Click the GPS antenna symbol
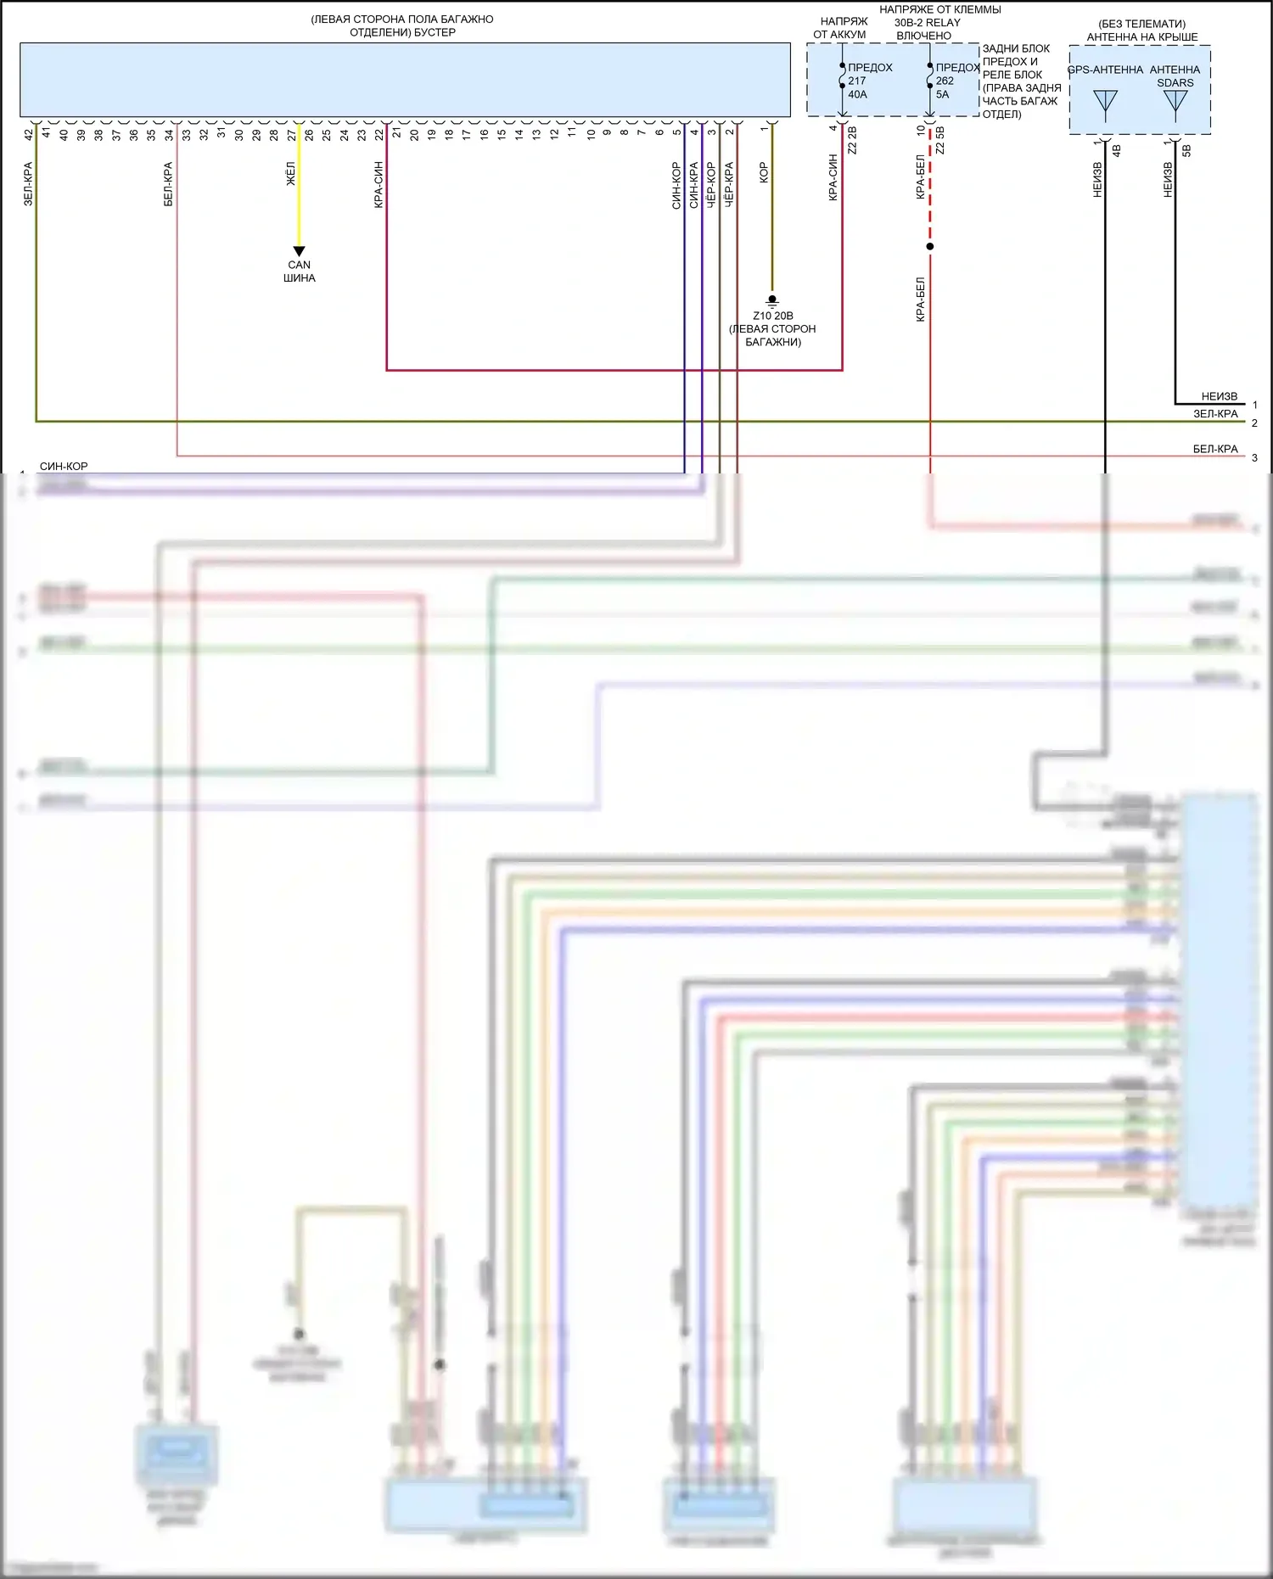pos(1105,103)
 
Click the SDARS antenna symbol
pos(1175,103)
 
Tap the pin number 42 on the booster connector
pos(29,134)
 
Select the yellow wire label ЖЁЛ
pos(290,174)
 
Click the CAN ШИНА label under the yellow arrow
pos(299,272)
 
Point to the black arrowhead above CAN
pos(299,251)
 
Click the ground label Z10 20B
pos(772,316)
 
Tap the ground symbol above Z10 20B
pos(771,300)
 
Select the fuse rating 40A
pos(857,94)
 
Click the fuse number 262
pos(945,81)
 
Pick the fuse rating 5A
pos(942,94)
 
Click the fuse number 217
pos(857,81)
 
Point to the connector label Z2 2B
pos(852,141)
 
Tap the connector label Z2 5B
pos(939,141)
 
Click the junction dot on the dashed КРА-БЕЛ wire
pos(930,247)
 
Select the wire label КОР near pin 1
pos(763,173)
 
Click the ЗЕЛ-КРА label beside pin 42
pos(28,184)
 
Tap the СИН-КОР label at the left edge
pos(64,467)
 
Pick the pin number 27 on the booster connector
pos(291,134)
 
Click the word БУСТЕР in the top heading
pos(435,32)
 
